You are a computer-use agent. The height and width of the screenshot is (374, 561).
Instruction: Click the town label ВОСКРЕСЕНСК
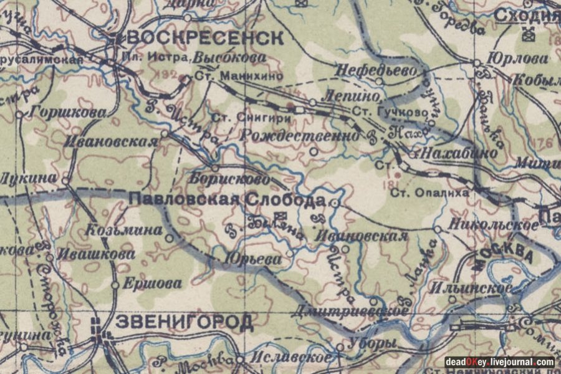(x=204, y=37)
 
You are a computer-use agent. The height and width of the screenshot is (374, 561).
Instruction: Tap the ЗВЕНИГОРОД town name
(x=185, y=322)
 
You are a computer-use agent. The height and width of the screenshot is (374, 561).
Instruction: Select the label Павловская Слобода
(x=228, y=200)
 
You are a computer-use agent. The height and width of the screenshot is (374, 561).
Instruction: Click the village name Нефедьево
(x=375, y=71)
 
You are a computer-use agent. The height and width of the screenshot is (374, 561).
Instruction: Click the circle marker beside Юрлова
(x=477, y=63)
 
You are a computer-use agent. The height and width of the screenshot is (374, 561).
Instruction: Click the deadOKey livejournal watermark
(x=499, y=362)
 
